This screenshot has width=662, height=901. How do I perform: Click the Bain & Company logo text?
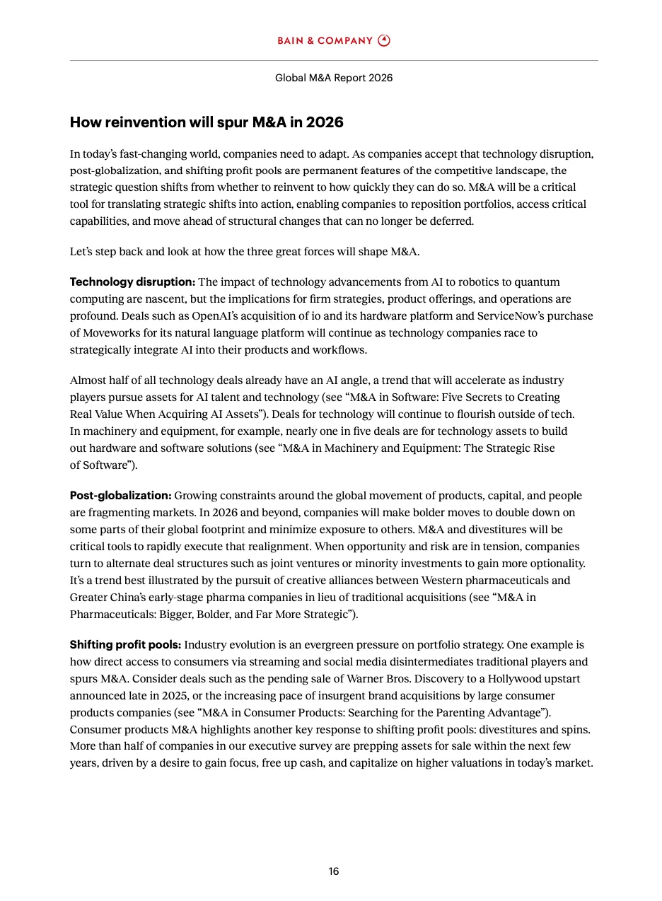point(325,41)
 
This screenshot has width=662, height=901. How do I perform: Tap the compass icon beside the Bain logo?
point(384,40)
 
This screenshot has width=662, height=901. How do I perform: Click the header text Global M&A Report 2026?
point(334,78)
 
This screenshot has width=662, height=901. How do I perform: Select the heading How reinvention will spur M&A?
point(207,122)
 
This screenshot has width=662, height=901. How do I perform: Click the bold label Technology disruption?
point(132,282)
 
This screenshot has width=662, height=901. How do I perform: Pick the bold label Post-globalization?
point(120,496)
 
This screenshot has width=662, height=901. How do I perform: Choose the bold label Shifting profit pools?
point(125,645)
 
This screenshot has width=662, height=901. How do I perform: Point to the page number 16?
point(334,871)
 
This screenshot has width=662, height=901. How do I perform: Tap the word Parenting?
point(454,713)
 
